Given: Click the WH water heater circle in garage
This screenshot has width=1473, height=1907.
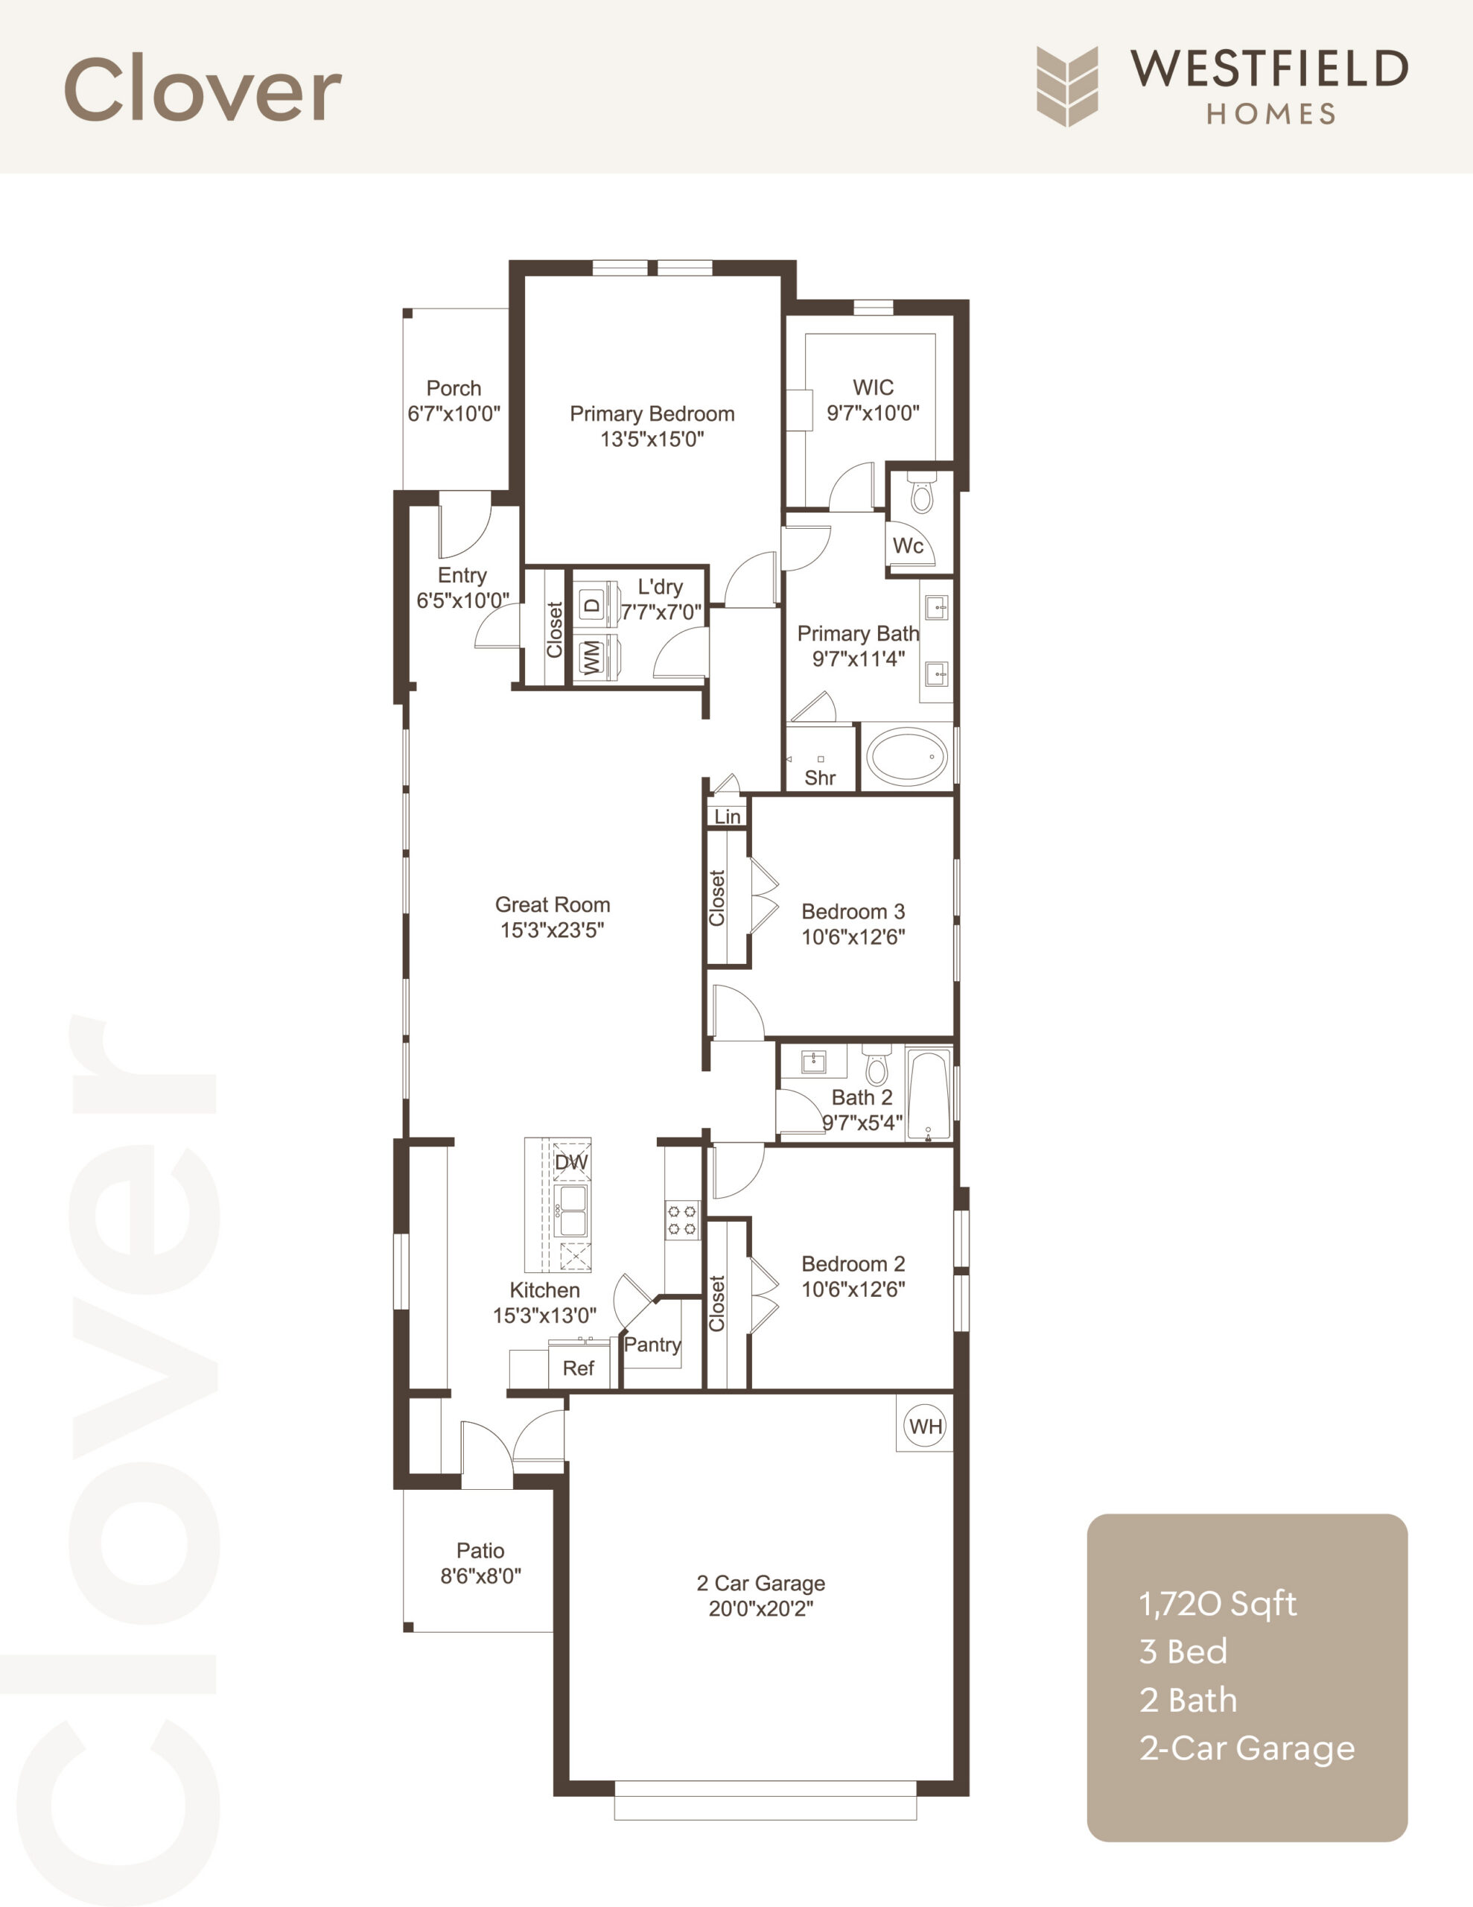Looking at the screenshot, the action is click(925, 1426).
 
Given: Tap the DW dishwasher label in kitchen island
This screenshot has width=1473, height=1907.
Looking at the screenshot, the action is click(571, 1162).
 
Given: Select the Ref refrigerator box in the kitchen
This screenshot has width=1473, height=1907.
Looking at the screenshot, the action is click(578, 1368).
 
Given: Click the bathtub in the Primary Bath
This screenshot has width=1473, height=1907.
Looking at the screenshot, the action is click(906, 756).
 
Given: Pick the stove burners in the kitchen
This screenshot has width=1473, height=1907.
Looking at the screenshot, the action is click(681, 1220).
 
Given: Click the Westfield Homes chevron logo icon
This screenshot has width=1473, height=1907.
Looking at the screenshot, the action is click(1067, 86).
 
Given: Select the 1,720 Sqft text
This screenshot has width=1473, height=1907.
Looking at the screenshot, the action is click(1217, 1604).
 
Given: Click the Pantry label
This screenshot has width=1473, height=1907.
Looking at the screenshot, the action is click(652, 1345).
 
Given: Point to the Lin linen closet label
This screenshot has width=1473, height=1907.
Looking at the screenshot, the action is click(728, 816).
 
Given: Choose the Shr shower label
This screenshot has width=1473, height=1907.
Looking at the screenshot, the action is click(820, 777).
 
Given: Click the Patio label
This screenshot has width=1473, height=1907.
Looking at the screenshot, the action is click(480, 1551).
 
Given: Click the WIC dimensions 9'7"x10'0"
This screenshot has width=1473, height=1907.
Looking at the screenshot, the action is click(873, 413).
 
